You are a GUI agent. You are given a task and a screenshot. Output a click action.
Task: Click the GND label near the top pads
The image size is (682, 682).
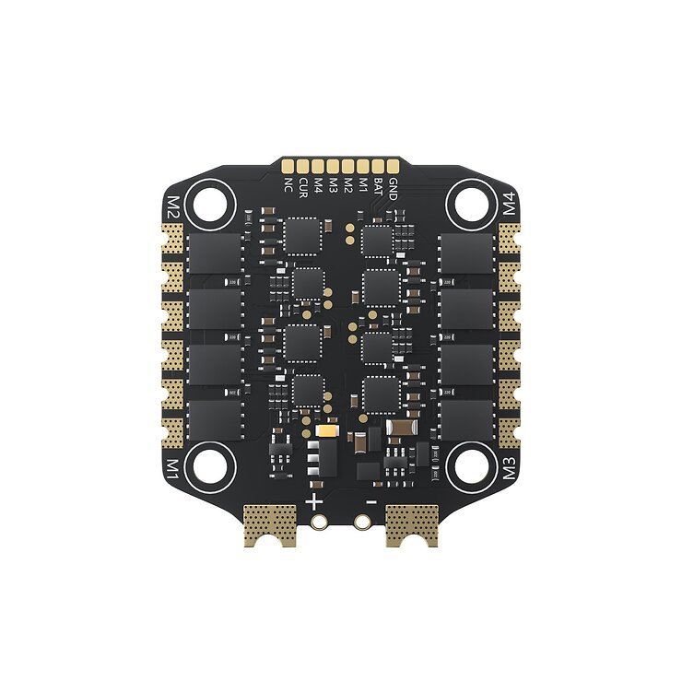pyautogui.click(x=394, y=188)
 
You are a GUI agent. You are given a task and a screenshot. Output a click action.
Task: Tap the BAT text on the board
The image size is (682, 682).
pyautogui.click(x=378, y=188)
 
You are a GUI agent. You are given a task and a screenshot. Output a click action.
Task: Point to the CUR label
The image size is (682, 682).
pyautogui.click(x=302, y=188)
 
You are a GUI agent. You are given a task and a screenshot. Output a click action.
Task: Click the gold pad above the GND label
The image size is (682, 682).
pyautogui.click(x=394, y=166)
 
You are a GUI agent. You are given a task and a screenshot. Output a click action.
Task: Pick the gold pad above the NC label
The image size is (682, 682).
pyautogui.click(x=288, y=166)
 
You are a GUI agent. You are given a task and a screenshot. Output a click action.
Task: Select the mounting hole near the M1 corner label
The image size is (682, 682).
pyautogui.click(x=208, y=465)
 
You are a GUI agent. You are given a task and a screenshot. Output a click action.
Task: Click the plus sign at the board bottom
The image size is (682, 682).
pyautogui.click(x=315, y=501)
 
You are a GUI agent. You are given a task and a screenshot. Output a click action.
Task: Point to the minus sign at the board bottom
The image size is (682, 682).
pyautogui.click(x=370, y=501)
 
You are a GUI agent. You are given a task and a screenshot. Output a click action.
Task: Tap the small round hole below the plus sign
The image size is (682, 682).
pyautogui.click(x=320, y=522)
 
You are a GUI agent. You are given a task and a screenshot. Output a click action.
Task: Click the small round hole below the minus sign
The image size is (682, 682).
pyautogui.click(x=363, y=522)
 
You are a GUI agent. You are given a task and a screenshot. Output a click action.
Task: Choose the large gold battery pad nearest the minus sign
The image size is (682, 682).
pyautogui.click(x=411, y=525)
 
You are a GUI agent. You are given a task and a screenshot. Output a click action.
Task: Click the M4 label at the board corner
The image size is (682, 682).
pyautogui.click(x=512, y=206)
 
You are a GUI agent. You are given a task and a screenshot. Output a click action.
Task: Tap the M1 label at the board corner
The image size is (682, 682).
pyautogui.click(x=170, y=463)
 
